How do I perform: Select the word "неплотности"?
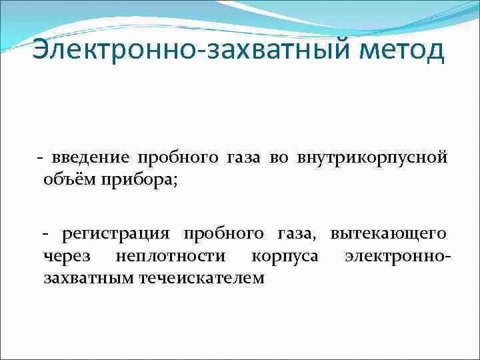click(170, 256)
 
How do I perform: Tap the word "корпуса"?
click(285, 257)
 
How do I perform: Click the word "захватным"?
click(89, 278)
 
